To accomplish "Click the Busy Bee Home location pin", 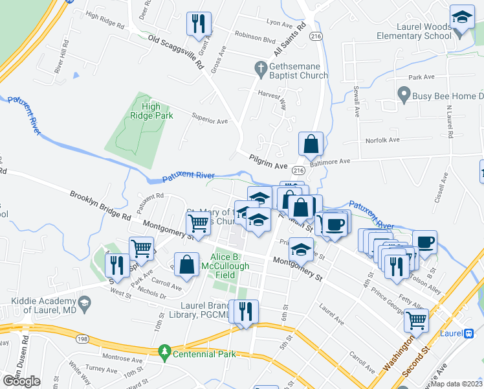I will [x=404, y=96].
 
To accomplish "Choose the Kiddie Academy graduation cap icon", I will [x=84, y=302].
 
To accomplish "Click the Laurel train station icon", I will [x=469, y=333].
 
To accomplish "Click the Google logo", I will [x=21, y=381].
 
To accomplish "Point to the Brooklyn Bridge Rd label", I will [x=100, y=206].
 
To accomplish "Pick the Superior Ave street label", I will [x=210, y=121].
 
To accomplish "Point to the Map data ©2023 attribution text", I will [x=456, y=384].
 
